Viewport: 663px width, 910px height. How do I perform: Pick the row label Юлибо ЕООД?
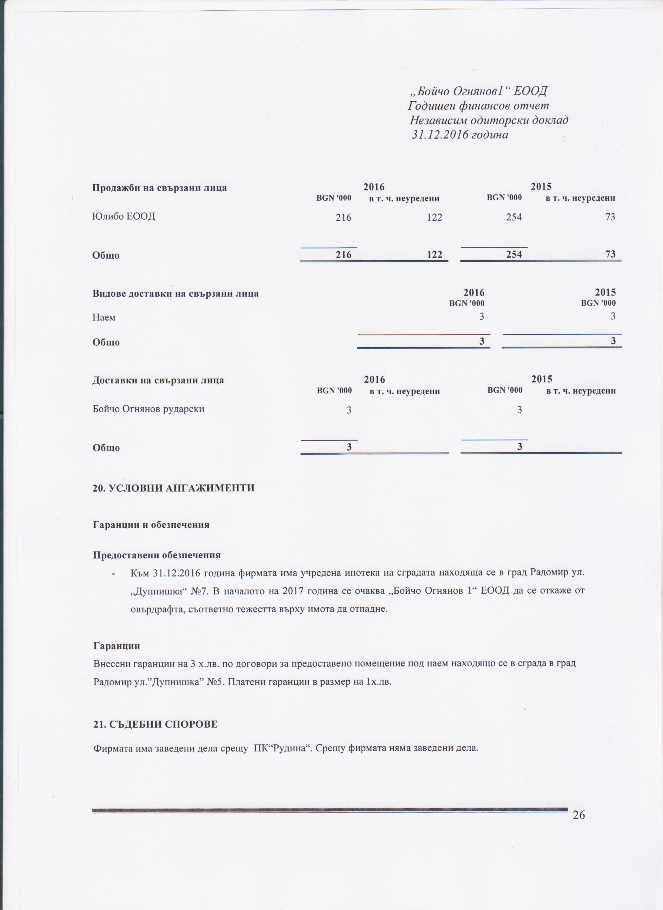click(123, 217)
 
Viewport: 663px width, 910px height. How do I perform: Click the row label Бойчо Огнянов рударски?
click(148, 409)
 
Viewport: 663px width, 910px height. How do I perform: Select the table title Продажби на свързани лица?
click(159, 188)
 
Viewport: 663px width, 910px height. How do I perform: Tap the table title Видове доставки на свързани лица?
click(175, 293)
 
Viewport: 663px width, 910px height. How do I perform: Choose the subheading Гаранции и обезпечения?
click(151, 525)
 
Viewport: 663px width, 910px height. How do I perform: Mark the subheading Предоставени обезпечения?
click(157, 555)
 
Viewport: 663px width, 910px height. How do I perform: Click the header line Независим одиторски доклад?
click(489, 120)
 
